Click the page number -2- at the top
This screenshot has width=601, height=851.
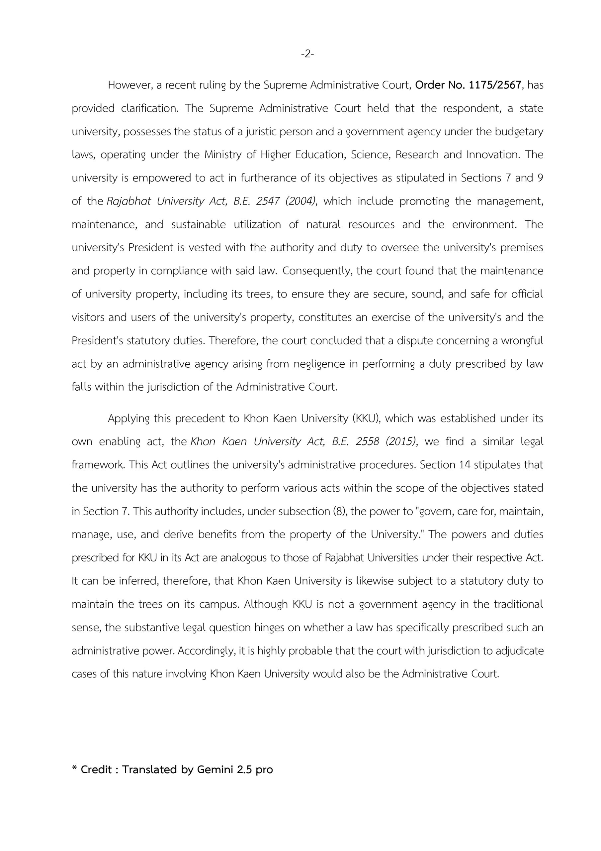pyautogui.click(x=307, y=54)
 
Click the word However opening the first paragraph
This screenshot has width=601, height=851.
pyautogui.click(x=129, y=85)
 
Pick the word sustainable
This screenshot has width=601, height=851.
pyautogui.click(x=199, y=225)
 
